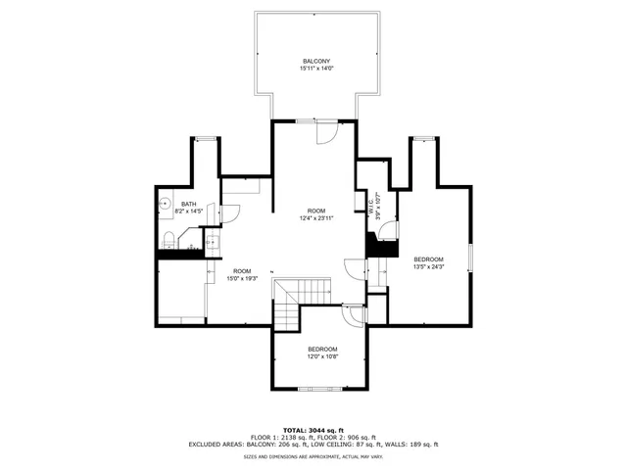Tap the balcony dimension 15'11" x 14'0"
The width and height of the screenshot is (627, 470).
316,69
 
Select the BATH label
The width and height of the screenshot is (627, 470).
188,204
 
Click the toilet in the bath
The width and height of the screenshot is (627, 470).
169,238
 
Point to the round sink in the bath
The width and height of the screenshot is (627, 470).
164,205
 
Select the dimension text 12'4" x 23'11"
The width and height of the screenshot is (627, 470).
315,218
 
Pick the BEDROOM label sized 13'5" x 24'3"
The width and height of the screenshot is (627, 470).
429,258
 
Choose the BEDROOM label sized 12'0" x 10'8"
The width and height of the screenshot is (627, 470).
322,350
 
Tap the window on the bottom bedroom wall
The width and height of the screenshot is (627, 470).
322,388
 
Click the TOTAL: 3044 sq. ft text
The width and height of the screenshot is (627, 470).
313,430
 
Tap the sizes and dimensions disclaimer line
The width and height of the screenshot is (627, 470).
313,455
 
